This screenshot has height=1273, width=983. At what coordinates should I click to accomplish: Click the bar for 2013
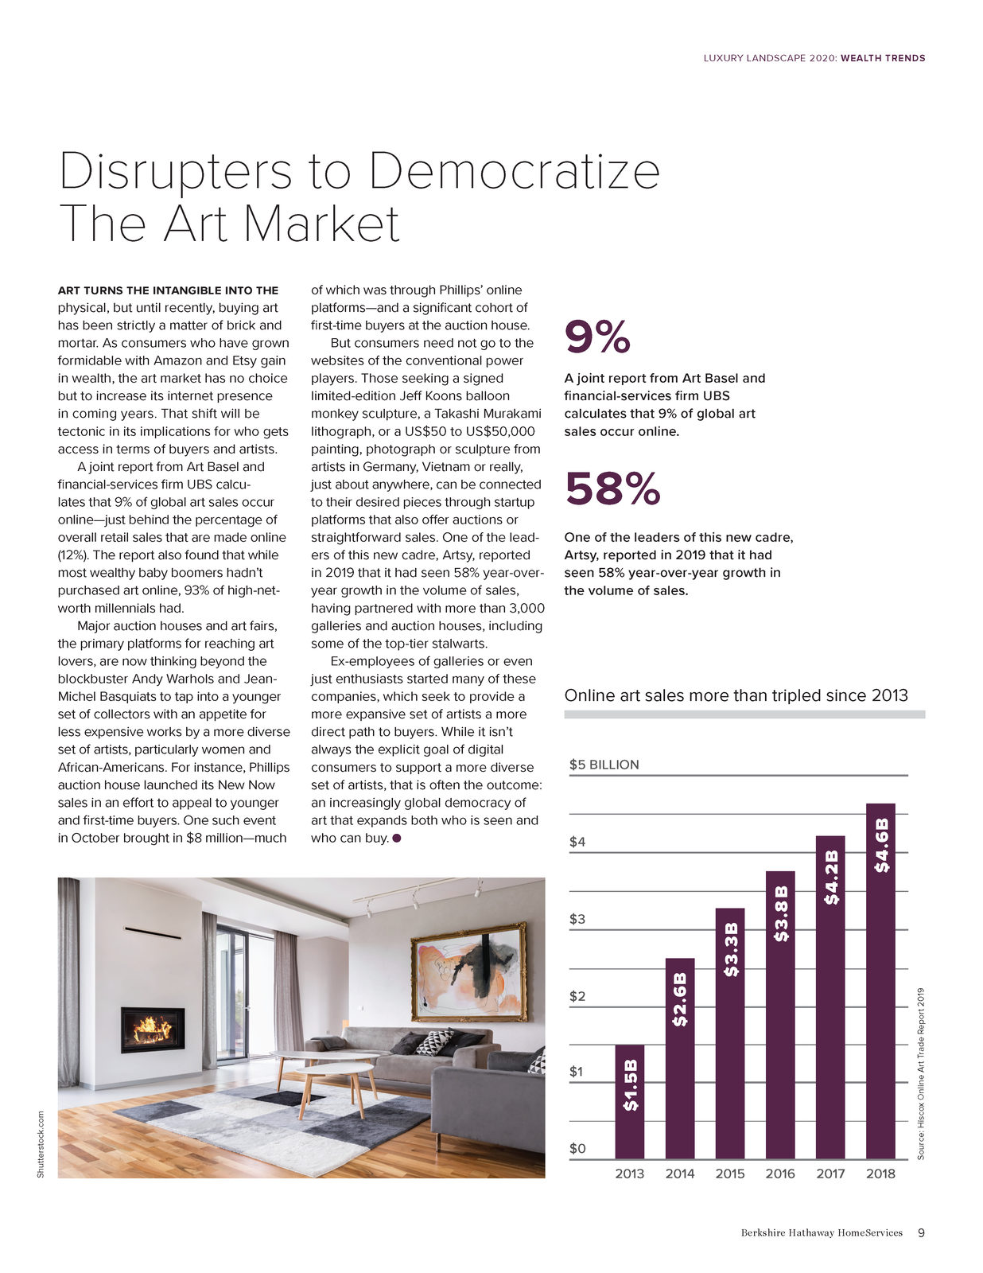pos(629,1101)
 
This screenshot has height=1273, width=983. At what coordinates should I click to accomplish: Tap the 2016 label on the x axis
pos(780,1174)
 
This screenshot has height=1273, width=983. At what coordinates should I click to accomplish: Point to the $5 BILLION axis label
pos(604,765)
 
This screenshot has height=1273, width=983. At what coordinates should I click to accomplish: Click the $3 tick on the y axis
pos(577,919)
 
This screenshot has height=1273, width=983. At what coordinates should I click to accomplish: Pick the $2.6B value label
pos(679,999)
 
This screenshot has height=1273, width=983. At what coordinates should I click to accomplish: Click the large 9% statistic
pos(597,337)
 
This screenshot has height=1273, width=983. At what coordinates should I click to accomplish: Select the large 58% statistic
pos(612,489)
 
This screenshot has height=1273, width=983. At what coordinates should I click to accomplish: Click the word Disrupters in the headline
pos(176,171)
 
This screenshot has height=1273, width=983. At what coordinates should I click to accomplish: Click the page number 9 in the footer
pos(921,1232)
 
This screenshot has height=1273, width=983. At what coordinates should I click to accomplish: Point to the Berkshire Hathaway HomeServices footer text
pos(822,1232)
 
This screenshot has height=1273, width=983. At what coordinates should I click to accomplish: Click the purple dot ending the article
pos(396,839)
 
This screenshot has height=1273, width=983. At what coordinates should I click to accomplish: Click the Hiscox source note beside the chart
pos(920,1073)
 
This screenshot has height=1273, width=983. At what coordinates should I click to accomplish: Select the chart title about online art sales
pos(736,695)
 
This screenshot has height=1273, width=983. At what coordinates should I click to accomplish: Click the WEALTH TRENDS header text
pos(883,58)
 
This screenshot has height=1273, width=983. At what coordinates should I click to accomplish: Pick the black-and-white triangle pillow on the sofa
pos(436,1041)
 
